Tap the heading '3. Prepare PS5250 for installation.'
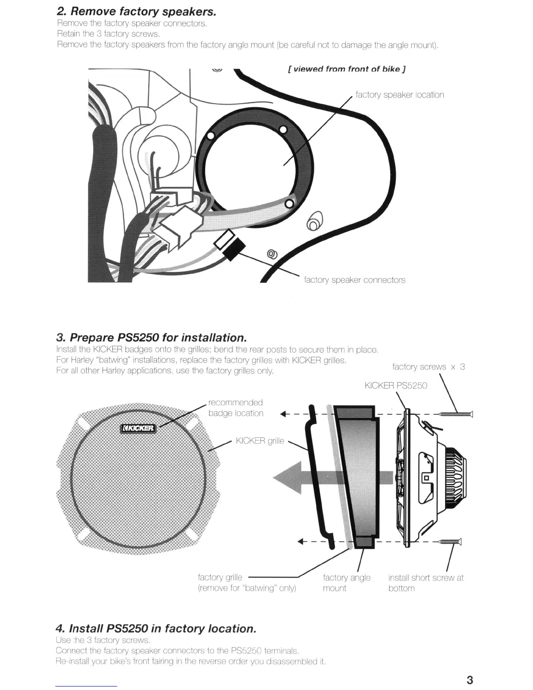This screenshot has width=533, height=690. point(152,338)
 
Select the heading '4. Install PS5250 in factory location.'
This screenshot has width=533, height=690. point(156,629)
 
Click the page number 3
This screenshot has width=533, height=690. point(469,680)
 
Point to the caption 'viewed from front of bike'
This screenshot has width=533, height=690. point(347,69)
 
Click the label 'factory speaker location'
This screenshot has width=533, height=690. point(400,95)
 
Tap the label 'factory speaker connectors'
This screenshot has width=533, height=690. point(354,280)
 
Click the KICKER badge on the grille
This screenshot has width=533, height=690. point(138,428)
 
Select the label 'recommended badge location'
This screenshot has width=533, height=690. point(236,408)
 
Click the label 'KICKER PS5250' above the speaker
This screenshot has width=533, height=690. point(396,386)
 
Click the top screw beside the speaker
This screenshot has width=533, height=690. point(455,414)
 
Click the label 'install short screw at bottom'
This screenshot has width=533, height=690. point(425,583)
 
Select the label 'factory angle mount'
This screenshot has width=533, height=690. point(347,583)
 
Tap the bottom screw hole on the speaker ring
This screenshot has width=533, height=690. point(288,203)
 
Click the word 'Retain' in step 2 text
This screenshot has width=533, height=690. point(68,34)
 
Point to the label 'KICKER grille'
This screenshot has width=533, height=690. point(260,441)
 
